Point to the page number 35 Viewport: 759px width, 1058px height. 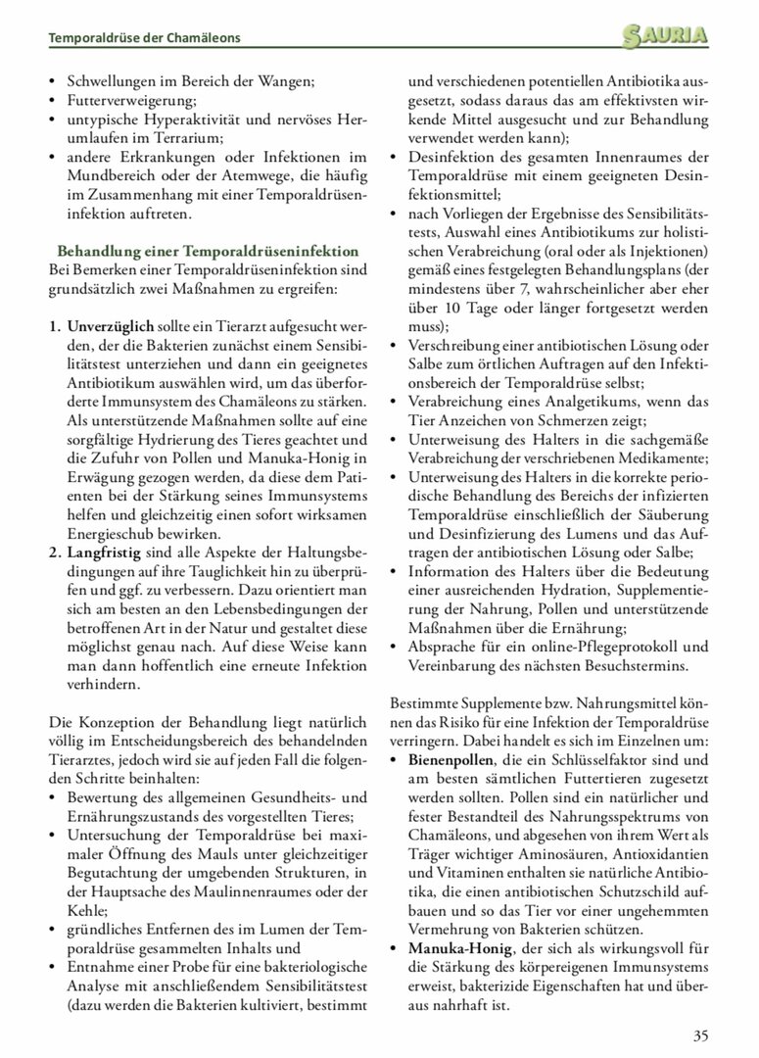pyautogui.click(x=700, y=1035)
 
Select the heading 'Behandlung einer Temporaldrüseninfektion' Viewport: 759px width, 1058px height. pyautogui.click(x=208, y=251)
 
